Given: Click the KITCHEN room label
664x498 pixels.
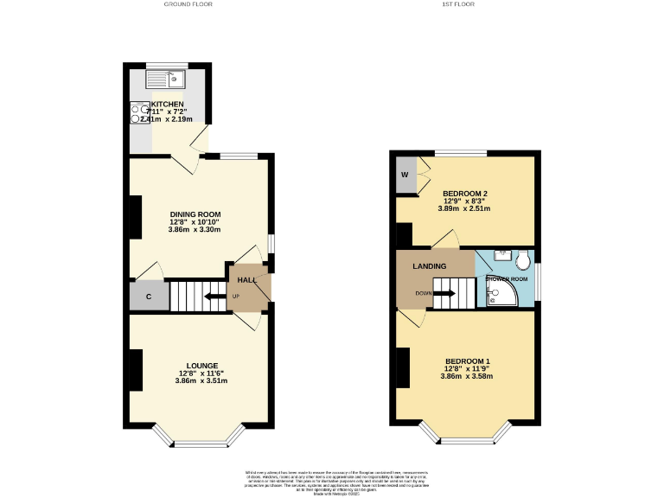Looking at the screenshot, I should (x=168, y=105).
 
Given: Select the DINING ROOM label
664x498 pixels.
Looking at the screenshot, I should (x=195, y=214).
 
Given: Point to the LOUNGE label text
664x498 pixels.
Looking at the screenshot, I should (x=201, y=365).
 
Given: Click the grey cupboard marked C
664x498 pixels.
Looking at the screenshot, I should (x=149, y=297).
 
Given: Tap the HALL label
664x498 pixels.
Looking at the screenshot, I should (x=247, y=280).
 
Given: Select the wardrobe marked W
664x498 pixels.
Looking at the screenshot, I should (x=405, y=176).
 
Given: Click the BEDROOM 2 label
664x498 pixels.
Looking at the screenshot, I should (x=465, y=193).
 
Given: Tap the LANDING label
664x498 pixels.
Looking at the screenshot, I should (x=429, y=265).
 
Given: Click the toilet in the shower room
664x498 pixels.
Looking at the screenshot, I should (x=520, y=259).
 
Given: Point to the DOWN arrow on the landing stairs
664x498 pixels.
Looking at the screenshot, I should (x=444, y=293).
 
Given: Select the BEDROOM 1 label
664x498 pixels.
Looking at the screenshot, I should (x=468, y=361).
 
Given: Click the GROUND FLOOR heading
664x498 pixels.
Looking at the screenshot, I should (x=188, y=4).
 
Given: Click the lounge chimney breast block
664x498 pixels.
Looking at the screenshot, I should (x=136, y=370).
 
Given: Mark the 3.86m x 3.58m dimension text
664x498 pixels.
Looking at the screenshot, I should (x=466, y=376).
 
